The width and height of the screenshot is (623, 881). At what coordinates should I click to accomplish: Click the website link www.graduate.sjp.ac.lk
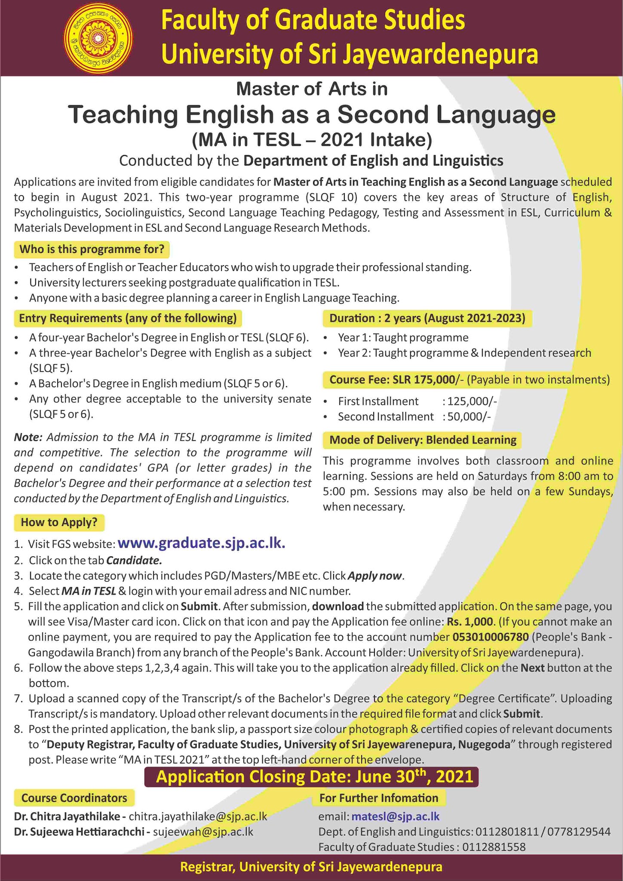[201, 543]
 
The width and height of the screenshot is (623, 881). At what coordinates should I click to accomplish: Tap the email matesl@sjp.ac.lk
[395, 816]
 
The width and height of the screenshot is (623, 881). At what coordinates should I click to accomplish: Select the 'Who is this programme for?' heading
[92, 249]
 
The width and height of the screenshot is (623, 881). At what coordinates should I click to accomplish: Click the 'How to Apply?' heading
[59, 522]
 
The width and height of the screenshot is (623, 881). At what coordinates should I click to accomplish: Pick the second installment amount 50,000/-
[469, 417]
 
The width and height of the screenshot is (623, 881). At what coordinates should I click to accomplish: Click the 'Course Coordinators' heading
[74, 798]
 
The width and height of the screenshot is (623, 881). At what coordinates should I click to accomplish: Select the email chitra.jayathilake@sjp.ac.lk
[198, 816]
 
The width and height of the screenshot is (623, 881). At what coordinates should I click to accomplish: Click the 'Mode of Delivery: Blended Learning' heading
[423, 440]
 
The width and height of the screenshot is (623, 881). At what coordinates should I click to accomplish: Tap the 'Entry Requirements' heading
[128, 318]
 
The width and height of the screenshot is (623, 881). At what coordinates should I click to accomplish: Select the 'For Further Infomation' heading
[378, 798]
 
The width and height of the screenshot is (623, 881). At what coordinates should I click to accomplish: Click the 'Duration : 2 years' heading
[427, 318]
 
